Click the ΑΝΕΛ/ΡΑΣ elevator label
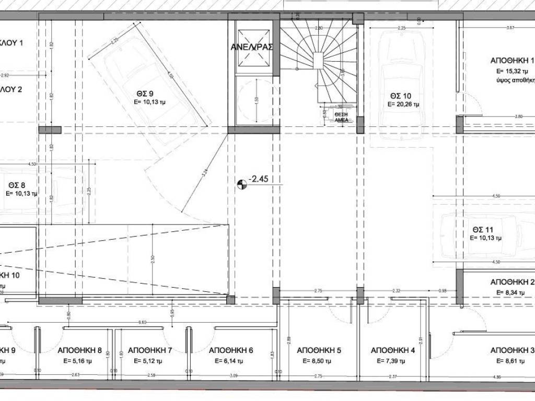252,46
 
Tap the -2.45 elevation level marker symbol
241,184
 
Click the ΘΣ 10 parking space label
401,96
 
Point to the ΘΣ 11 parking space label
483,229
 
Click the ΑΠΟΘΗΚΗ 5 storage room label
315,350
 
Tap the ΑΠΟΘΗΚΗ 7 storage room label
149,350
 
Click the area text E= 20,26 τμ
403,104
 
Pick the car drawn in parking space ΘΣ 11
478,238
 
